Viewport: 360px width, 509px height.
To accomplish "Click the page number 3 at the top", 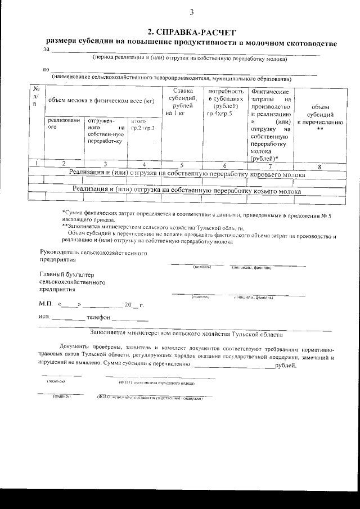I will [191, 12].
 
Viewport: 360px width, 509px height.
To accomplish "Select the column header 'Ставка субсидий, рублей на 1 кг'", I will [183, 102].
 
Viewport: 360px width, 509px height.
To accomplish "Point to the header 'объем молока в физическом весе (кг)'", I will [101, 101].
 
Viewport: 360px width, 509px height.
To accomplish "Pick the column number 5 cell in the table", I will [182, 165].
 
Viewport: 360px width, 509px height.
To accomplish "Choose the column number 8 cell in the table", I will [319, 165].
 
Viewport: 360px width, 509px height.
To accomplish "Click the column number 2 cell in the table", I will [64, 165].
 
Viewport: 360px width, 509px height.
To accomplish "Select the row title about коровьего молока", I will [187, 174].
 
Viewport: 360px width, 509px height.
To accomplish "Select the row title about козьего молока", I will [187, 191].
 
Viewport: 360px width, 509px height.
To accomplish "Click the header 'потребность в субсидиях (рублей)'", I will [225, 102].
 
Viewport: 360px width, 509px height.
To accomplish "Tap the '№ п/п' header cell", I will [36, 96].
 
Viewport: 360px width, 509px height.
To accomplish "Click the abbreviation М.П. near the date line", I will [46, 305].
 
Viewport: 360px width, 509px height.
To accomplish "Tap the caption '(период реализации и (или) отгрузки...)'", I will [190, 58].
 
